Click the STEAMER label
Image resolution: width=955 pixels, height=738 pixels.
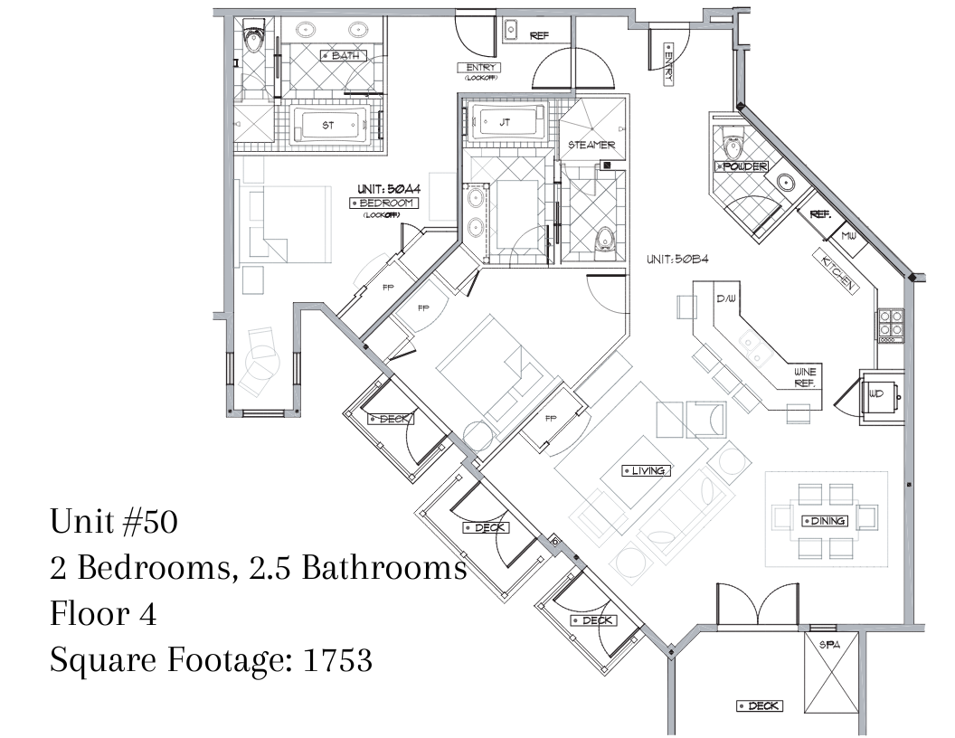591,145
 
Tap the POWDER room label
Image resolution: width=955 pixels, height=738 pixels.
742,166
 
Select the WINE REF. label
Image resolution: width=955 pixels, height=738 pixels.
805,377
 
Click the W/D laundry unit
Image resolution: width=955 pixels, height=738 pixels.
881,396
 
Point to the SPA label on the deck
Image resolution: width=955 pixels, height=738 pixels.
829,645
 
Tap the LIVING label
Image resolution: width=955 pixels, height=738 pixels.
647,470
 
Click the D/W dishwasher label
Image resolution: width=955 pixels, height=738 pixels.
725,298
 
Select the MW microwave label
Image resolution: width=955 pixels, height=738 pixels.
848,236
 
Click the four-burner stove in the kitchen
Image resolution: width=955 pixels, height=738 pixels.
890,324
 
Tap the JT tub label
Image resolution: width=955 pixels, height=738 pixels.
505,122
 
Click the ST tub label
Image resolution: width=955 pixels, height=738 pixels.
327,126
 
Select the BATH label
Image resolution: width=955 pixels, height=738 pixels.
345,55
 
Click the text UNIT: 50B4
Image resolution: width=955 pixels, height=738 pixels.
677,260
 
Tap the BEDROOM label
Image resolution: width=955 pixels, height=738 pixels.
383,203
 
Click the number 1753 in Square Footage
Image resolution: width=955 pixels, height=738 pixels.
337,660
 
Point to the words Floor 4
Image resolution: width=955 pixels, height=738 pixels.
103,614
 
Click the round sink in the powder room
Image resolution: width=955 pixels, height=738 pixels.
786,182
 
